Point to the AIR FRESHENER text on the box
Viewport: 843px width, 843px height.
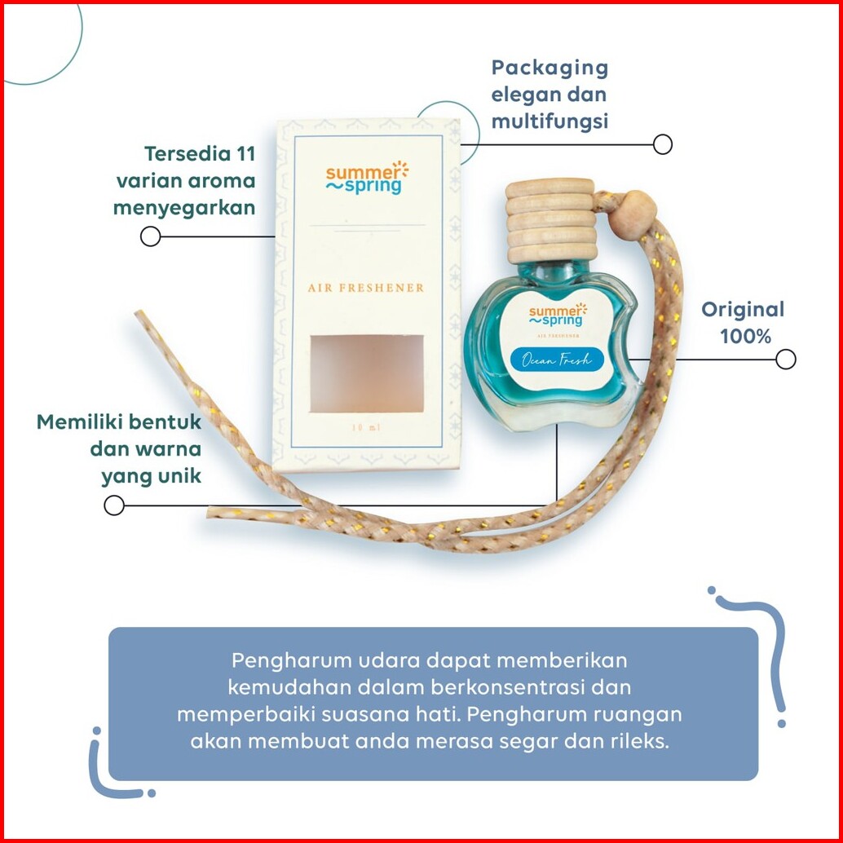(x=366, y=288)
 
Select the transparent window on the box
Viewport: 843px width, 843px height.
(x=366, y=373)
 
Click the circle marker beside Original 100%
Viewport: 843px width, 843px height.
(x=785, y=360)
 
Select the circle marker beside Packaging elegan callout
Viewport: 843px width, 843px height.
(x=663, y=144)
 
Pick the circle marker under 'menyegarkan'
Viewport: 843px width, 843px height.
(x=150, y=236)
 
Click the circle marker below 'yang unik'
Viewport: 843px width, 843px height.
(x=114, y=505)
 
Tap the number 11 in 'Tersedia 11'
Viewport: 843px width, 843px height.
(x=244, y=154)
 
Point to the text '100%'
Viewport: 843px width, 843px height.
(x=746, y=335)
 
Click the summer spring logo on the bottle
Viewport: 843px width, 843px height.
(x=558, y=314)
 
